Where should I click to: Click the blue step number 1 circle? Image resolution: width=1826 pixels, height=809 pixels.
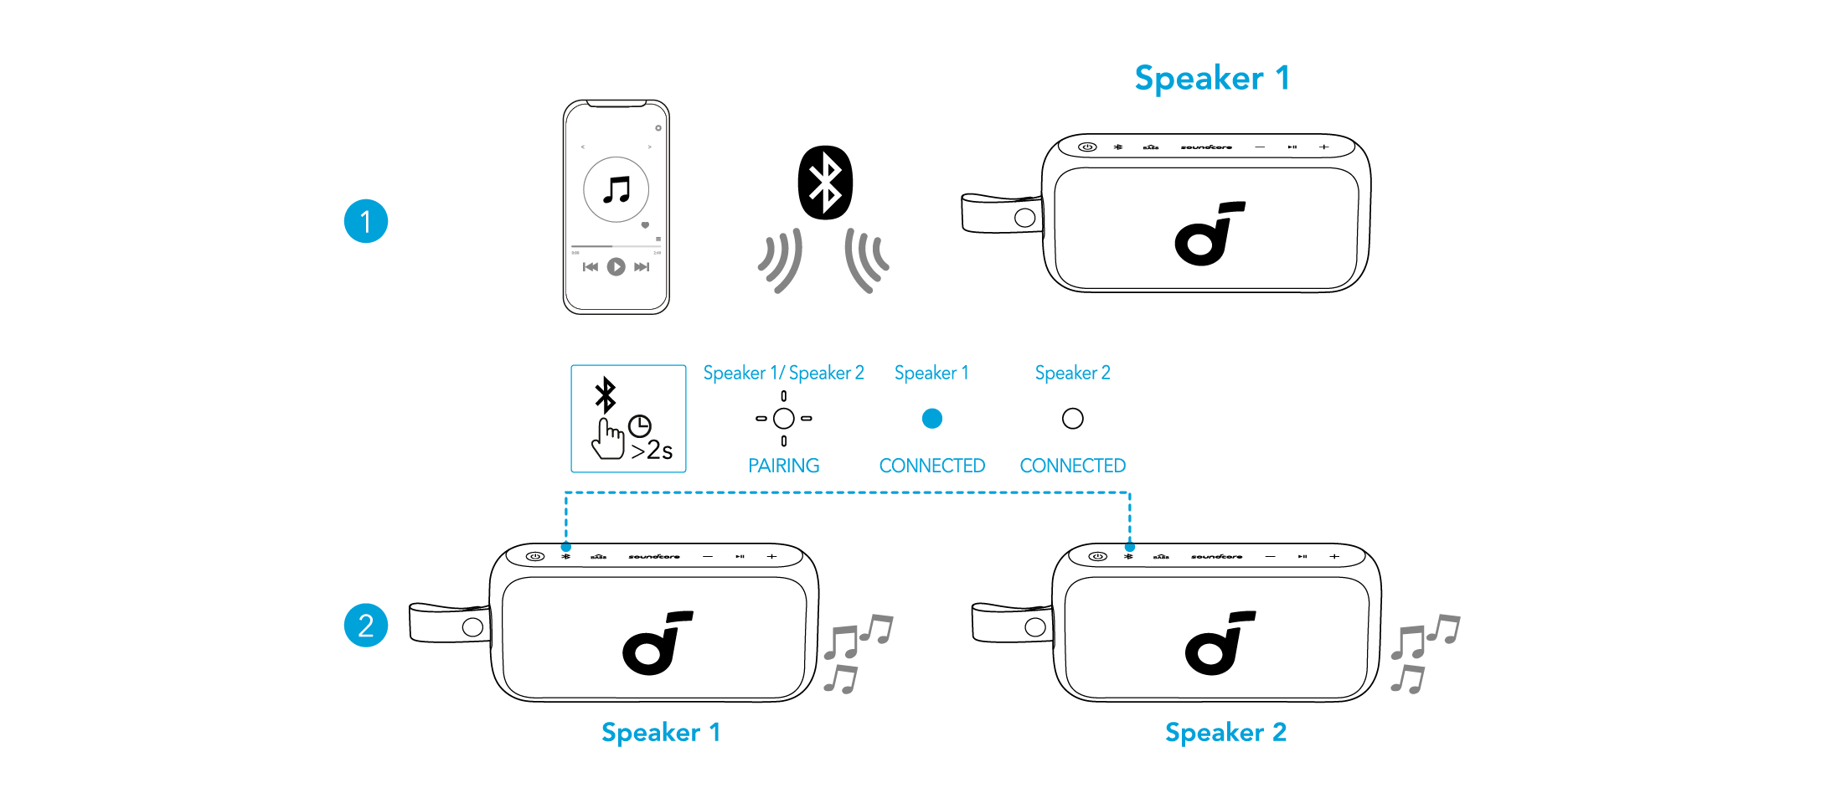coord(366,221)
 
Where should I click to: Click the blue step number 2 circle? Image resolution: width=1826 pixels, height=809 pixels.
coord(366,625)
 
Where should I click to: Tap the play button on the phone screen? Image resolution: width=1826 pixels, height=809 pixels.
coord(616,266)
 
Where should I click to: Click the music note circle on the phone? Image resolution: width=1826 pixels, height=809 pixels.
coord(616,189)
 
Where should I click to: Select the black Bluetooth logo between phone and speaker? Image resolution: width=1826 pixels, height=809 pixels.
coord(825,183)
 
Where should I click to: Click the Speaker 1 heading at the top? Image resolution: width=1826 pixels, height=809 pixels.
coord(1211,79)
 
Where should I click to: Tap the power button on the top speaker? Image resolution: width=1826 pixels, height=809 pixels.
coord(1087,147)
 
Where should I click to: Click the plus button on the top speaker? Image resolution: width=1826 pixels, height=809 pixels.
coord(1323,147)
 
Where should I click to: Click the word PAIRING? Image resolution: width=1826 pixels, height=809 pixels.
coord(784,466)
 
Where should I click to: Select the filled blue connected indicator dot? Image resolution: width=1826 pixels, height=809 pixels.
coord(932,418)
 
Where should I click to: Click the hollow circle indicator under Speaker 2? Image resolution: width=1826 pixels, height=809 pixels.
coord(1073,418)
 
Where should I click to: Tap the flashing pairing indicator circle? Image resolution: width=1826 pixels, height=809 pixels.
coord(784,418)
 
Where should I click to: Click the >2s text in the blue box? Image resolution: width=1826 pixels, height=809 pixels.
coord(652,451)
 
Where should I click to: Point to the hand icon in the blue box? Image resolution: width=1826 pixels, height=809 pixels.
coord(608,438)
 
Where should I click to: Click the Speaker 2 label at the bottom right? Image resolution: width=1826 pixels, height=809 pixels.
coord(1225,733)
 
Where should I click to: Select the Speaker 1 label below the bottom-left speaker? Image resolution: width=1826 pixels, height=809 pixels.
coord(661,733)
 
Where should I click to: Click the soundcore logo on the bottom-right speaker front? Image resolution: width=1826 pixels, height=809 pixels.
coord(1220,643)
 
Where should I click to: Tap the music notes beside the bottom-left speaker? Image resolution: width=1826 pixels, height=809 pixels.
coord(856,652)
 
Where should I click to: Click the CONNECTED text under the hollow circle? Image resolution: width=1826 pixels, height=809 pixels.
coord(1073,466)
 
